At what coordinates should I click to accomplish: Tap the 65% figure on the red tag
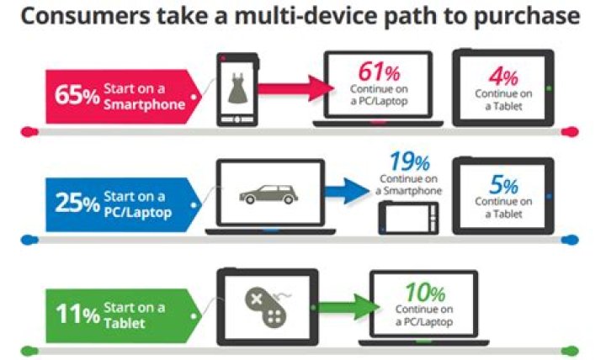(x=77, y=95)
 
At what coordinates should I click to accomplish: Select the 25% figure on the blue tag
(x=77, y=203)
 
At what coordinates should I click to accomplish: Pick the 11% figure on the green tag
(x=77, y=313)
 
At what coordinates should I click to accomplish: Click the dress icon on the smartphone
(x=237, y=88)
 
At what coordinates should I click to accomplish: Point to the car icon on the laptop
(x=268, y=194)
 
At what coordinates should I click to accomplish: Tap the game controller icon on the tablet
(x=267, y=305)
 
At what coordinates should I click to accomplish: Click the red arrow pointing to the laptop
(x=295, y=89)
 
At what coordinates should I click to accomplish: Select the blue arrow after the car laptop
(x=347, y=191)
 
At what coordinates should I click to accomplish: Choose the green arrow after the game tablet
(x=348, y=307)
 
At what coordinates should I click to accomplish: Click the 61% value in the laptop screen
(x=379, y=71)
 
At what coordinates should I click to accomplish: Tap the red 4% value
(x=503, y=77)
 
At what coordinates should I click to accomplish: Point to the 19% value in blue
(x=410, y=161)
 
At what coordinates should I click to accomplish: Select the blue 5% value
(x=503, y=185)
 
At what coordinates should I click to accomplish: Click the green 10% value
(x=425, y=293)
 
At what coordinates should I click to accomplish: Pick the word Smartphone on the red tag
(x=144, y=104)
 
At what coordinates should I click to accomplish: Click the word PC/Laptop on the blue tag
(x=137, y=213)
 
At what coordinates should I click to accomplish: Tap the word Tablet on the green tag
(x=125, y=323)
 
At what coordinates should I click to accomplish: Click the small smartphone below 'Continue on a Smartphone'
(x=408, y=218)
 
